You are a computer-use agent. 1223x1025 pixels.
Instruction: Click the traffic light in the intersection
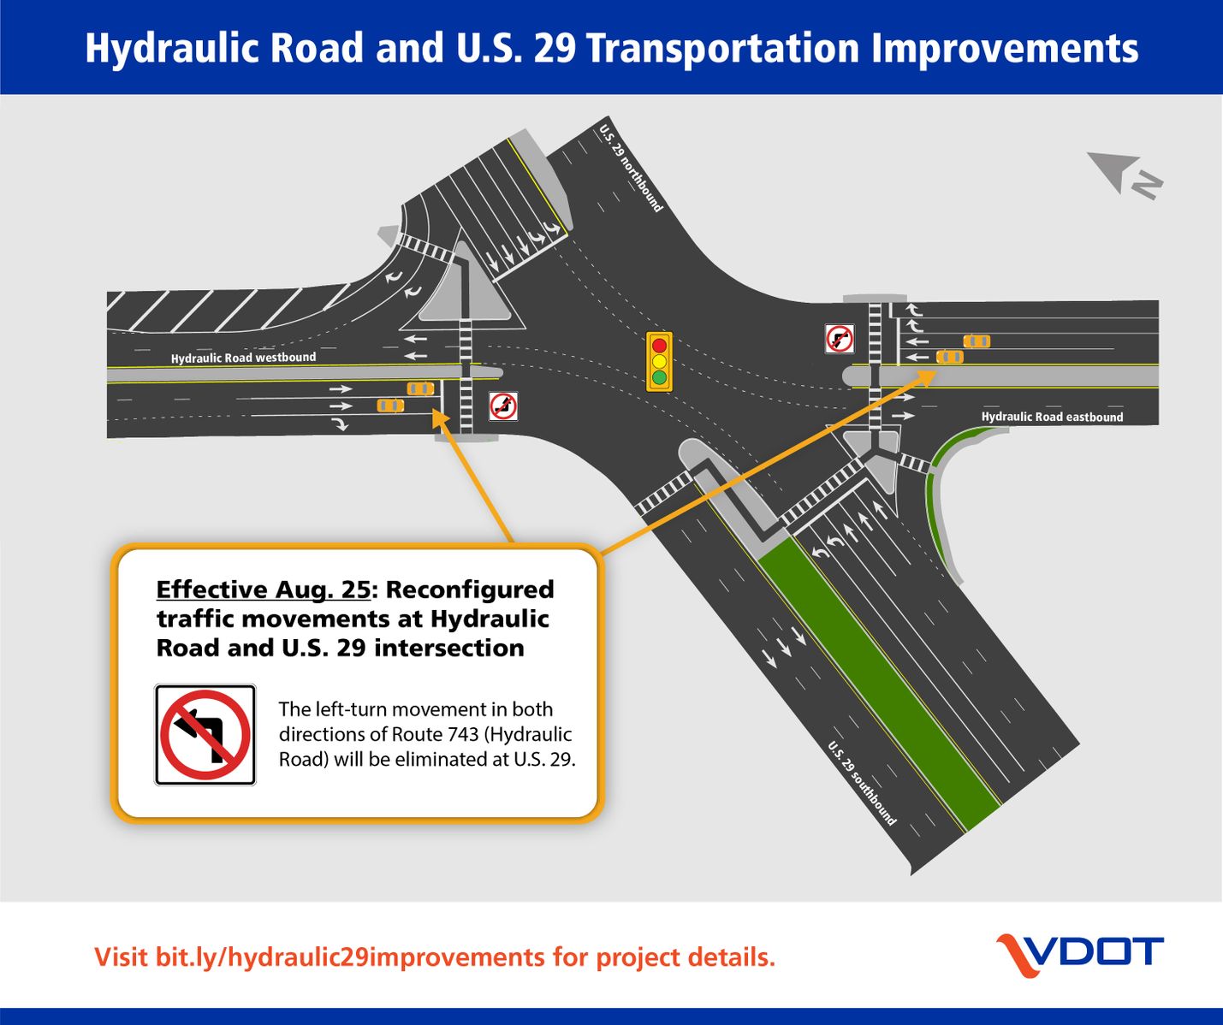coord(659,361)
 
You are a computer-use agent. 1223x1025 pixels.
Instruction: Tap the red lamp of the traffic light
coord(659,346)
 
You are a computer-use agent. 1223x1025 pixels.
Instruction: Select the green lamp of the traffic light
coord(659,377)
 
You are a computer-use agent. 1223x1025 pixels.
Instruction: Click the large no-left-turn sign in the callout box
coord(205,735)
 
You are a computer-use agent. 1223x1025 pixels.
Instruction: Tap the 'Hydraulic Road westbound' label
coord(243,358)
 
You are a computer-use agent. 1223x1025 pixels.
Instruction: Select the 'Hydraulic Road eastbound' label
coord(1052,417)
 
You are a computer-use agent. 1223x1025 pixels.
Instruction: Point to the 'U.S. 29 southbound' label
coord(862,783)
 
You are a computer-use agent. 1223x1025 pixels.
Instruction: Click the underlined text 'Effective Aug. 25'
coord(264,590)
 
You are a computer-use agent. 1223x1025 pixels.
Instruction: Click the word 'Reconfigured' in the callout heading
coord(471,590)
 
